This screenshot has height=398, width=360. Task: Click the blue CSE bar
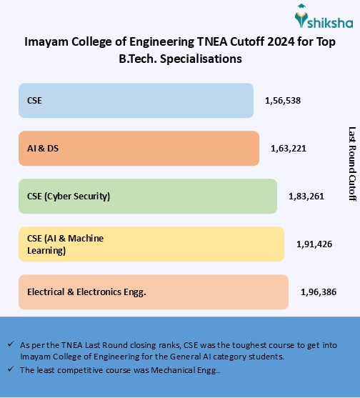(136, 100)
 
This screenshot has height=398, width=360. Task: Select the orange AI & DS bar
(138, 148)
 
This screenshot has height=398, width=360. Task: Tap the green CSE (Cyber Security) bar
(147, 196)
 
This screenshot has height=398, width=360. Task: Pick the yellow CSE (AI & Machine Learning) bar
(151, 244)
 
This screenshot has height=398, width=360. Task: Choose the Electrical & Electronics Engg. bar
(153, 292)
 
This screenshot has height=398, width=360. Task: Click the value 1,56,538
(282, 101)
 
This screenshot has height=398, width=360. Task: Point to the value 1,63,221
(288, 149)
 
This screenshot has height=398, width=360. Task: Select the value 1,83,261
(306, 196)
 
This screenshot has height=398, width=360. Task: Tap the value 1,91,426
(314, 244)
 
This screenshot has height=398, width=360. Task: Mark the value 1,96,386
(318, 292)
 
